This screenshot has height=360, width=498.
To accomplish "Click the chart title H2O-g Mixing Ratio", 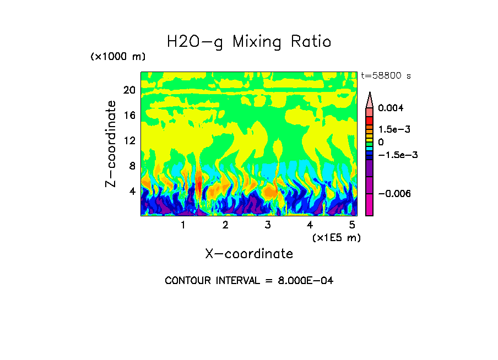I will [249, 42].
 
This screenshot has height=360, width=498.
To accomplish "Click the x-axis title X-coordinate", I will [249, 254].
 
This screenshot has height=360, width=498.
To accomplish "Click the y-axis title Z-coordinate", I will [111, 144].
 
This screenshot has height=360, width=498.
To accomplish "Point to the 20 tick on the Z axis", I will [129, 90].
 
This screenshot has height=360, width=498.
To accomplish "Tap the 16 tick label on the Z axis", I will [129, 116].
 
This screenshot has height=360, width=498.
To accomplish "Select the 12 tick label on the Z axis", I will [129, 141].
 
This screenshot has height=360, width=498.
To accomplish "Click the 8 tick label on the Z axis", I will [132, 166].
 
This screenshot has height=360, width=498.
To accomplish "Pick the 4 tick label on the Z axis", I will [132, 192].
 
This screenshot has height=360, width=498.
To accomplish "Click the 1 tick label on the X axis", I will [183, 225].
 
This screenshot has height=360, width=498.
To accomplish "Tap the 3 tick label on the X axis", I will [268, 225].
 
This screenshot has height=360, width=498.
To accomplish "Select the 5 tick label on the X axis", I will [352, 225].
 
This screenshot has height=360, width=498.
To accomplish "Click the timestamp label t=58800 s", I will [386, 75].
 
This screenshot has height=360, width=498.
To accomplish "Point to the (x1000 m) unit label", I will [117, 57].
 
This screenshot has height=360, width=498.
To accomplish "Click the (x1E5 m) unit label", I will [336, 237].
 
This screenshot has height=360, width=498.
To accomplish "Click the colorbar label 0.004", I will [391, 108].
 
